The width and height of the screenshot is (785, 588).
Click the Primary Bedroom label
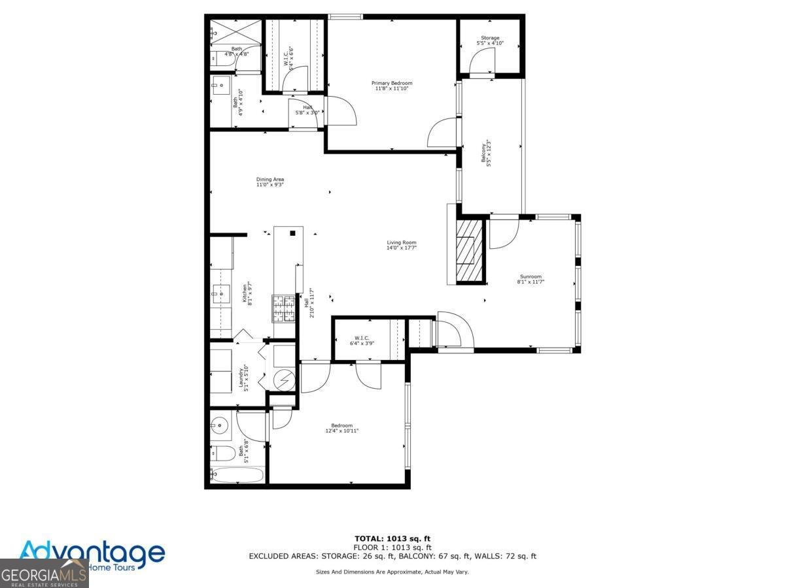pyautogui.click(x=392, y=86)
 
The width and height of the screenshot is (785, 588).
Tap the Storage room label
pyautogui.click(x=490, y=41)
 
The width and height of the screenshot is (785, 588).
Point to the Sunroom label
pyautogui.click(x=531, y=278)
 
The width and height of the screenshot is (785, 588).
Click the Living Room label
pyautogui.click(x=401, y=245)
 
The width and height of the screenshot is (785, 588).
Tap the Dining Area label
pyautogui.click(x=270, y=182)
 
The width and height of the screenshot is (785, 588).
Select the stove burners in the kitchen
pyautogui.click(x=283, y=308)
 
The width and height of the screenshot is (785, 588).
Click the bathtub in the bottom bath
pyautogui.click(x=237, y=475)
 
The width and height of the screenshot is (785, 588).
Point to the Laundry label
pyautogui.click(x=244, y=376)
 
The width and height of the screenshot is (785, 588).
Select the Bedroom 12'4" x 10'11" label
pyautogui.click(x=341, y=428)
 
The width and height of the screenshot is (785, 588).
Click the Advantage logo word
pyautogui.click(x=92, y=552)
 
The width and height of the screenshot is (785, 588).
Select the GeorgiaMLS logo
pyautogui.click(x=43, y=575)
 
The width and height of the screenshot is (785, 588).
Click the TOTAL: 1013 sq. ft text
pyautogui.click(x=392, y=538)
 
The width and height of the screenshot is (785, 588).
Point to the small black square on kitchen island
pyautogui.click(x=292, y=233)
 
